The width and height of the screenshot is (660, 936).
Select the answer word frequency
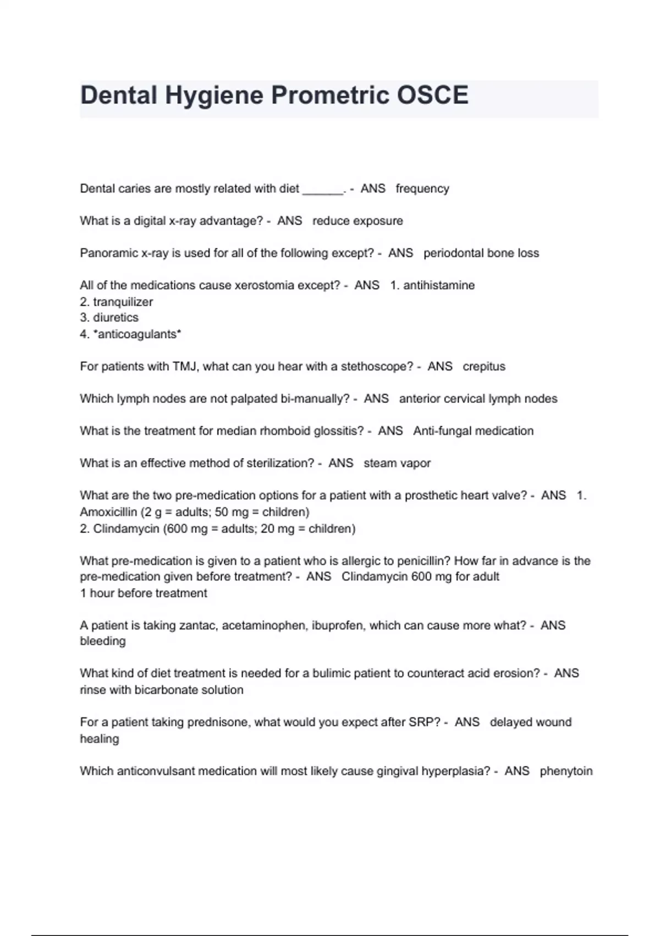pos(422,188)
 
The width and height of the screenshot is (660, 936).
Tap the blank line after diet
pos(323,189)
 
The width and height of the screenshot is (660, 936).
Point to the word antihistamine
pos(439,285)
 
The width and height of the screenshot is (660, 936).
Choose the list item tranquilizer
pos(123,302)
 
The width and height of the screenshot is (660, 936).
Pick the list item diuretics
pos(116,318)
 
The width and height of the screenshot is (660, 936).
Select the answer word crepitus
pos(484,366)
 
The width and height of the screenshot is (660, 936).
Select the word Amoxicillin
pos(108,512)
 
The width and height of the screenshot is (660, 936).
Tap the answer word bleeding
pos(103,641)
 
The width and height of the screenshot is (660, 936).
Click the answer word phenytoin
pos(566,771)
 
